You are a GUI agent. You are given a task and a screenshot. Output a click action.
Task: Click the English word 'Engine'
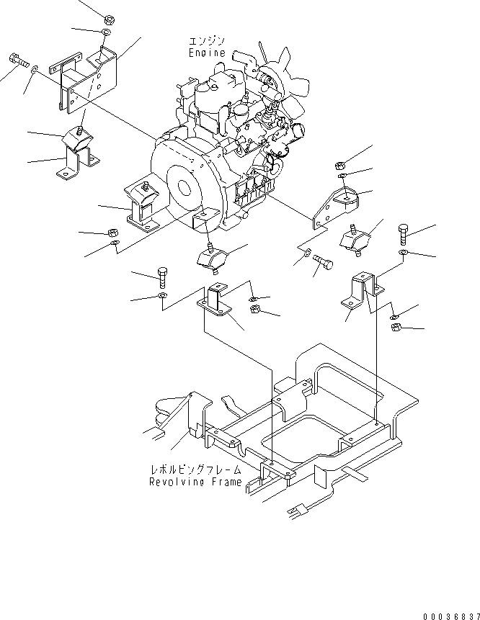pyautogui.click(x=207, y=53)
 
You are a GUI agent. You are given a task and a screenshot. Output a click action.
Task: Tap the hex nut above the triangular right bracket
pyautogui.click(x=344, y=161)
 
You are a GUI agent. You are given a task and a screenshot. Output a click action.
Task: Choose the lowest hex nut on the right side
pyautogui.click(x=397, y=329)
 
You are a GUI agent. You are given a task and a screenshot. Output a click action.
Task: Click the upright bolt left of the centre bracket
pyautogui.click(x=161, y=277)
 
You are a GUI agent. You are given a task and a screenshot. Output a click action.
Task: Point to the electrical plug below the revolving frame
pyautogui.click(x=297, y=513)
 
